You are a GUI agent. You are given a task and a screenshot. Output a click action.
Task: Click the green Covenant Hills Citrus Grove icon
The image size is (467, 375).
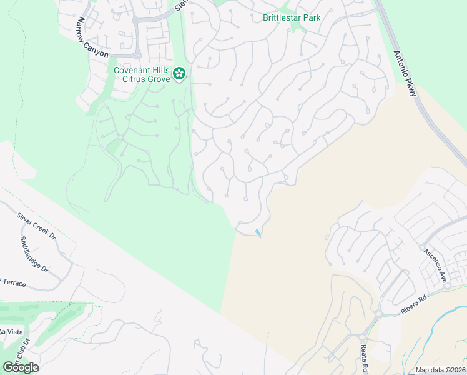coord(179,74)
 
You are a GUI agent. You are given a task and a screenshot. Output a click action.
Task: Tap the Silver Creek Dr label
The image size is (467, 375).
coord(36,227)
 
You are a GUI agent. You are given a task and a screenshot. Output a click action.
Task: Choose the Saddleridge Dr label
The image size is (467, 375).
coord(34,254)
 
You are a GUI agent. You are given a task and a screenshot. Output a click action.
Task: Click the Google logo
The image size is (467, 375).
coord(21,367)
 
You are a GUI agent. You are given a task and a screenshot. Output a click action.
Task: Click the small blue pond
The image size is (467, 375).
coord(258,233)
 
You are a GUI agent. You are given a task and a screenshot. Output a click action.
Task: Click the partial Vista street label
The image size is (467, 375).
coord(12,331)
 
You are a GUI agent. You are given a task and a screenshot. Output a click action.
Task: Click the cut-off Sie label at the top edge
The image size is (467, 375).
coord(181,5)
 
